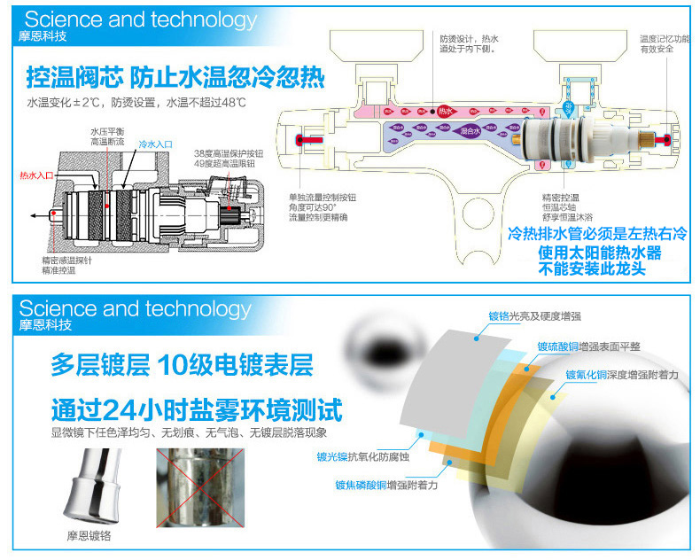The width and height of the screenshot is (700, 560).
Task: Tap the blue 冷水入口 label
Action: (x=154, y=143)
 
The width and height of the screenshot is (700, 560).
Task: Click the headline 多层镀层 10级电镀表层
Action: (x=181, y=365)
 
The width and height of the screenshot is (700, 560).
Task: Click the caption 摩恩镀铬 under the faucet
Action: (x=89, y=537)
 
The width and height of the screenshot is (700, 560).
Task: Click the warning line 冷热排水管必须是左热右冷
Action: (x=597, y=235)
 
